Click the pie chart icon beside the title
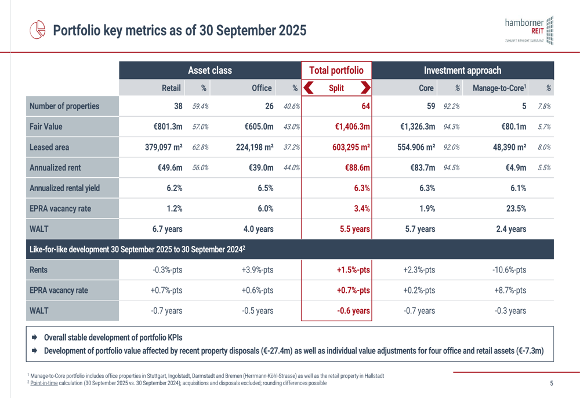[x=38, y=30]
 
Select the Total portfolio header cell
[x=336, y=70]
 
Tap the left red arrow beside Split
[x=309, y=88]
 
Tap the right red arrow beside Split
[x=365, y=88]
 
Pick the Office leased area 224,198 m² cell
[x=255, y=147]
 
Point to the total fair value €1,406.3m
[x=352, y=127]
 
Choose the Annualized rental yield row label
[x=64, y=188]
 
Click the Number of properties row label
[x=64, y=106]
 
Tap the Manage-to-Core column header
[x=499, y=88]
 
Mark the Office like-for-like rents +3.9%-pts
[x=258, y=270]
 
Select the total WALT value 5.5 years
[x=354, y=229]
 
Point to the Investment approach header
[x=462, y=70]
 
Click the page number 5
[x=551, y=383]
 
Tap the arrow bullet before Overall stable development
[x=34, y=338]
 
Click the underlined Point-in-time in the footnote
[x=43, y=383]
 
